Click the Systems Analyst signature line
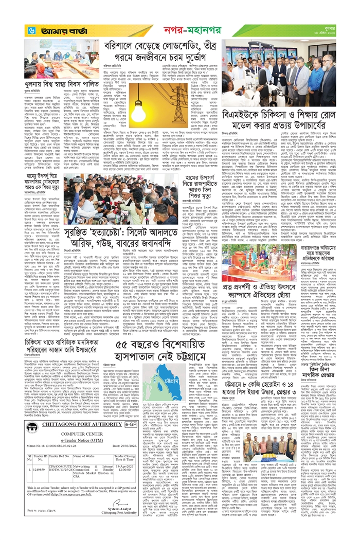(x=117, y=525)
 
